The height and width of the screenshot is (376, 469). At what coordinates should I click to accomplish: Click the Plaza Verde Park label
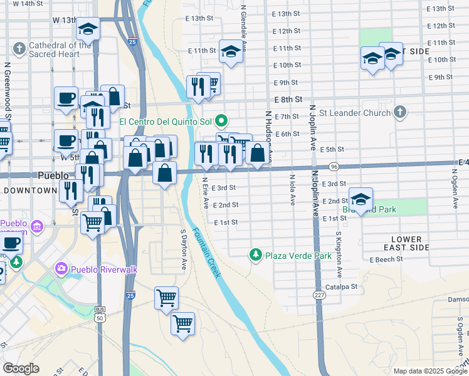[298, 256]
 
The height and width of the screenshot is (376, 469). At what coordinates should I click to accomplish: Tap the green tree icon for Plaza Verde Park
[255, 254]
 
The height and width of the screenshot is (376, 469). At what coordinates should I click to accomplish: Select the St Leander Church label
[355, 113]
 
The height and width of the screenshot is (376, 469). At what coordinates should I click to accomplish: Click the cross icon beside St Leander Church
[399, 113]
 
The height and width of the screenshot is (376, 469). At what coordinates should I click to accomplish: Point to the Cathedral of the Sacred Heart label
[60, 50]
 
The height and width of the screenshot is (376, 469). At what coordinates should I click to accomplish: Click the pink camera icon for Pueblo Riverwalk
[61, 269]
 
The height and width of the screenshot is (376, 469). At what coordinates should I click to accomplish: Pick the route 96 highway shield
[334, 167]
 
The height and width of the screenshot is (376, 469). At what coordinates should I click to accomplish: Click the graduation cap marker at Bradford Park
[361, 199]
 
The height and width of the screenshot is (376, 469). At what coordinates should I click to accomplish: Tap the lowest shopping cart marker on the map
[182, 323]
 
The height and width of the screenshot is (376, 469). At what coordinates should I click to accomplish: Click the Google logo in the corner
[21, 368]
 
